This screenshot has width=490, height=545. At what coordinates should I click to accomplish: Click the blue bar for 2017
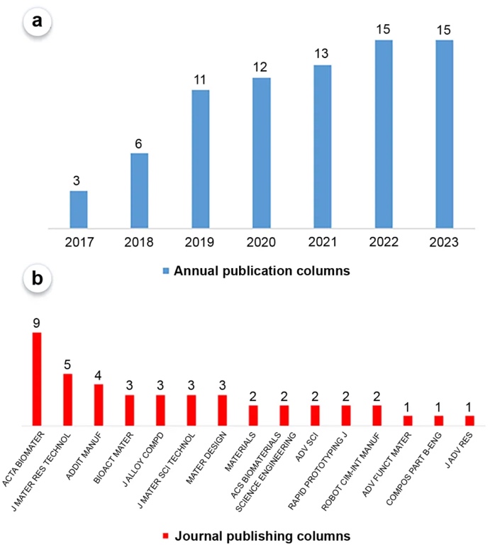(79, 210)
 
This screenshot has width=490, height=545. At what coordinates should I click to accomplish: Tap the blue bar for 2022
(384, 135)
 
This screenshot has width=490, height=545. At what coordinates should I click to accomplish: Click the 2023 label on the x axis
(444, 243)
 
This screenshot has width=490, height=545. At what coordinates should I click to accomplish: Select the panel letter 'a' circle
(36, 21)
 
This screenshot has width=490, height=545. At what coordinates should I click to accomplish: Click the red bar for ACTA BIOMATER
(37, 379)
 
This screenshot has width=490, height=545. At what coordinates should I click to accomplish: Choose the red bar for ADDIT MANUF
(99, 404)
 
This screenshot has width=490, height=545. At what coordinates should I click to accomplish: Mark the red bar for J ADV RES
(469, 420)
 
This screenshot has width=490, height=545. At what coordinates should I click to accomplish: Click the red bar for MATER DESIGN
(222, 410)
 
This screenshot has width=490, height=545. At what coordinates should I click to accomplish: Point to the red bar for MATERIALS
(253, 415)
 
